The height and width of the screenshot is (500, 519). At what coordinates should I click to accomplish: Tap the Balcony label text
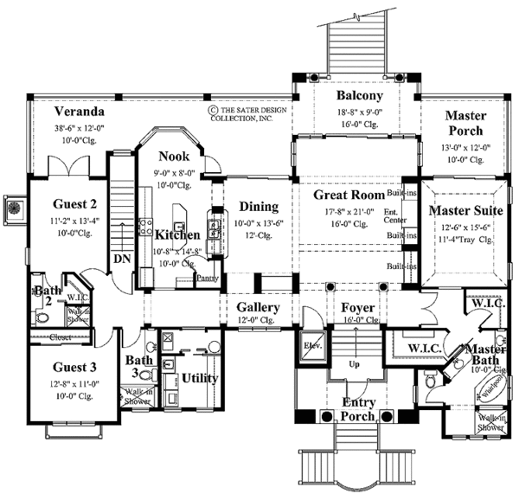point(356,96)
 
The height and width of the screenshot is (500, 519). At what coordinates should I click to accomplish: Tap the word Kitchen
point(178,234)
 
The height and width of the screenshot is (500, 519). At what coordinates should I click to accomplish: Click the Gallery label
point(258,308)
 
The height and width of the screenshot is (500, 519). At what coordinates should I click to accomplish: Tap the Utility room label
point(199,378)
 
